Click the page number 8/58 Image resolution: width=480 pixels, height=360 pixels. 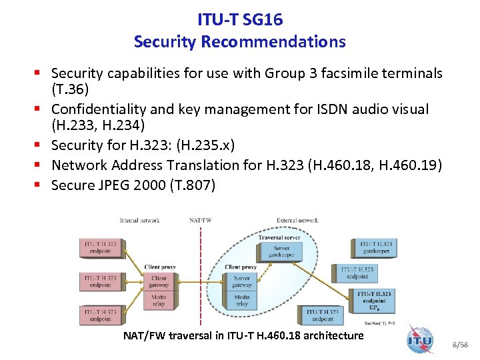tap(459, 345)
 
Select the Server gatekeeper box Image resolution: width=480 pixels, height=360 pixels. tap(279, 252)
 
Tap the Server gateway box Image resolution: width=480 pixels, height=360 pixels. tap(242, 281)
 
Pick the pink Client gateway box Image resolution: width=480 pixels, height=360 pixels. tap(159, 281)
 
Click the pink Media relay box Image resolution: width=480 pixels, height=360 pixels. tap(159, 300)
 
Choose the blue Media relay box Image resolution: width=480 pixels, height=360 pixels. tap(242, 300)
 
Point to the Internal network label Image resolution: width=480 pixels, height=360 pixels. tap(139, 220)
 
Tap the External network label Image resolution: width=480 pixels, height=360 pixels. tap(297, 220)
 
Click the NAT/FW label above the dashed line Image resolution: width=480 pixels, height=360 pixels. tap(201, 220)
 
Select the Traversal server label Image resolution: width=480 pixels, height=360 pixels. tap(279, 237)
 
